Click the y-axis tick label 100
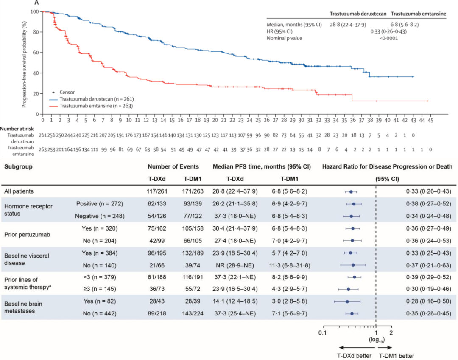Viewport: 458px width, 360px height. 35,11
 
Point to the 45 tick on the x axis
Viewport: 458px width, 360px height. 430,121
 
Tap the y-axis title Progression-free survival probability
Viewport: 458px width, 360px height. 25,64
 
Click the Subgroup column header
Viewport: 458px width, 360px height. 19,167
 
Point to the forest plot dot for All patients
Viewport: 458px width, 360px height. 351,192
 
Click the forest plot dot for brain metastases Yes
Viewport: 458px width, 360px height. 347,302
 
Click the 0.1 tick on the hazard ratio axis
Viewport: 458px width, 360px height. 322,332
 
